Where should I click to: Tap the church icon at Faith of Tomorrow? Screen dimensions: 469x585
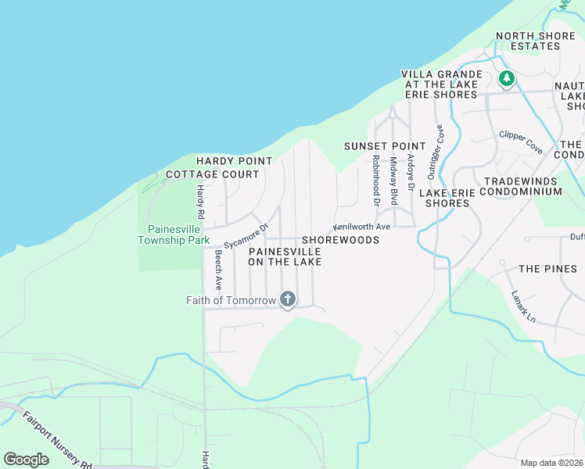pyautogui.click(x=288, y=299)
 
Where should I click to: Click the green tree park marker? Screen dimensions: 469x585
pyautogui.click(x=507, y=78)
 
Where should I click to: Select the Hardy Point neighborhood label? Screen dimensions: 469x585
pyautogui.click(x=234, y=161)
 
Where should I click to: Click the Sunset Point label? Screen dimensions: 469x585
pyautogui.click(x=385, y=146)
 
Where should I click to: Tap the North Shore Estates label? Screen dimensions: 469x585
pyautogui.click(x=539, y=41)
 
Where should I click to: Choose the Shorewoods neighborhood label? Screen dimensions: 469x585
pyautogui.click(x=340, y=240)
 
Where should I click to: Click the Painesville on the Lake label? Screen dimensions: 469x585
pyautogui.click(x=285, y=256)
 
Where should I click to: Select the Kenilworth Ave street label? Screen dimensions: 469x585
pyautogui.click(x=362, y=227)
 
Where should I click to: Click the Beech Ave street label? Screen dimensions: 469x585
pyautogui.click(x=219, y=269)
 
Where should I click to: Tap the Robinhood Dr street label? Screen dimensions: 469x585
pyautogui.click(x=376, y=181)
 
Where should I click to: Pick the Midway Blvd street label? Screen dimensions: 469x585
pyautogui.click(x=394, y=181)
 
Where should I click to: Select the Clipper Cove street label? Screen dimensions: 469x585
pyautogui.click(x=521, y=141)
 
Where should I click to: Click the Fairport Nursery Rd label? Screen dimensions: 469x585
pyautogui.click(x=57, y=439)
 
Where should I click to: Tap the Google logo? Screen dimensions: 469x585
pyautogui.click(x=26, y=460)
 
